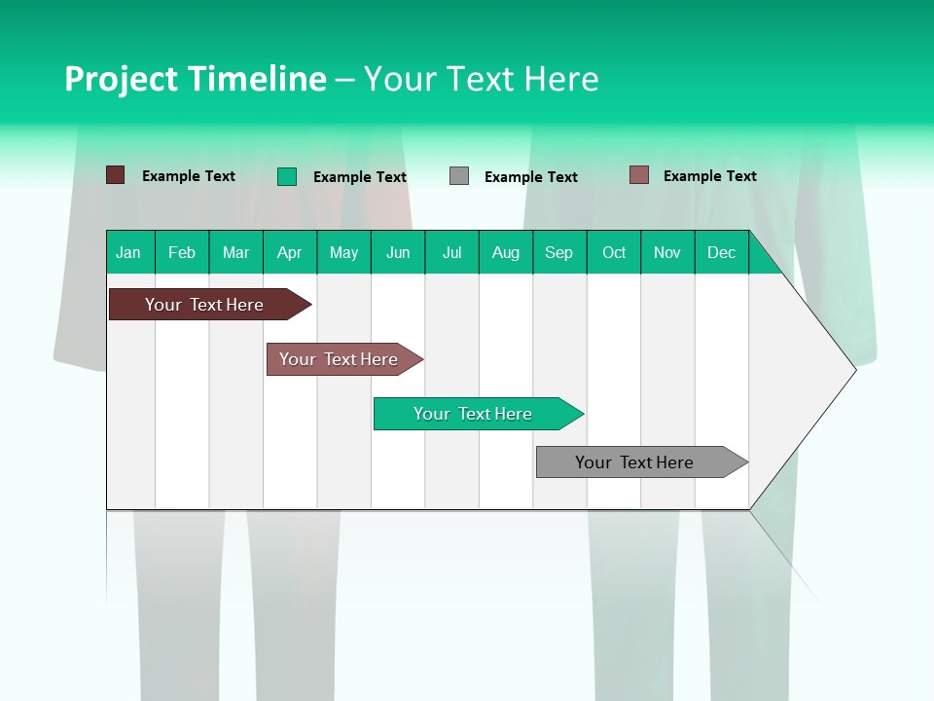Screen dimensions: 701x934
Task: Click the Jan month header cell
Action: [129, 252]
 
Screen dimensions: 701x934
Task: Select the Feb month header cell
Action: [182, 252]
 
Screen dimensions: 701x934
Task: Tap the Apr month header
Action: [290, 252]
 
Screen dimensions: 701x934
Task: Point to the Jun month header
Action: [398, 252]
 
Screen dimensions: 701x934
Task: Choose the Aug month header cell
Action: [506, 252]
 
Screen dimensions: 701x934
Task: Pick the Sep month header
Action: [559, 252]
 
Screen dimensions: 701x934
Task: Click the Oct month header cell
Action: [614, 252]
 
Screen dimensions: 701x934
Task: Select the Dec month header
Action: [722, 252]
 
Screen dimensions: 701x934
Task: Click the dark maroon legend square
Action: [115, 175]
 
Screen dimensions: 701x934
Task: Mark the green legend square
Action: [287, 176]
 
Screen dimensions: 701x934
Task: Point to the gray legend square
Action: [459, 176]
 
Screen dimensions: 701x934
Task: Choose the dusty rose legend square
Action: [639, 175]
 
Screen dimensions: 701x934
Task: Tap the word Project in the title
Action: [120, 79]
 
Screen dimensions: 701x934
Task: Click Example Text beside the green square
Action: [360, 177]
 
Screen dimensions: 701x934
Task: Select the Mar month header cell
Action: [235, 252]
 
